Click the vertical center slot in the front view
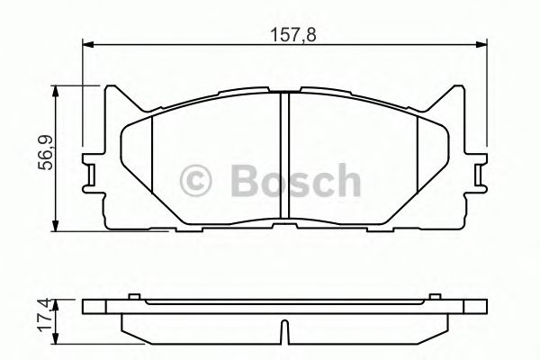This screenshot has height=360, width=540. click(284, 157)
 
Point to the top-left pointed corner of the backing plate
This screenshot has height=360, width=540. click(112, 88)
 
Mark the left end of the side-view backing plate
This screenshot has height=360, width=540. click(85, 307)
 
